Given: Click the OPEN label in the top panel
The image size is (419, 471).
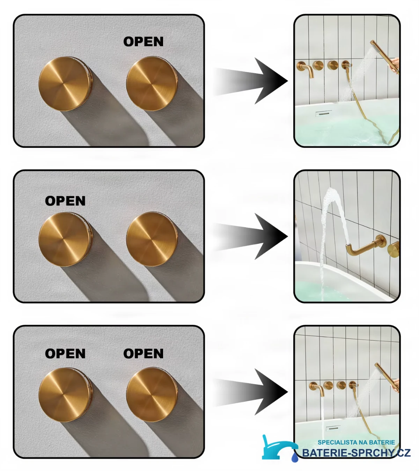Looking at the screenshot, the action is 143,42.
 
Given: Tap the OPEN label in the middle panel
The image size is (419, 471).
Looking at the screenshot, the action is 65,201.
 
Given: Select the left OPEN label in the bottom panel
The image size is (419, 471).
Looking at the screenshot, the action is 65,354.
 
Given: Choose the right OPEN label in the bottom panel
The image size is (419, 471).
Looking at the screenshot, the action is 143,354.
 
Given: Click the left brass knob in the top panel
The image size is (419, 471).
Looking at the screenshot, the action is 65,84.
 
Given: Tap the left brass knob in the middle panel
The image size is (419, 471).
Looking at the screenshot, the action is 65,239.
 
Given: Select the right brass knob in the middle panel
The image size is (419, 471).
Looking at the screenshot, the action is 152,239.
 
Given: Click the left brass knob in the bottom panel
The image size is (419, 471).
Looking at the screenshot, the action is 65,395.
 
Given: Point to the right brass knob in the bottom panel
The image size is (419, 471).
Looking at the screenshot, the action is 152,394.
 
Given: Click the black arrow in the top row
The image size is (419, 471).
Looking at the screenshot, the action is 251,81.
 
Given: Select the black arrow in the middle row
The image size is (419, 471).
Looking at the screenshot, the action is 251,236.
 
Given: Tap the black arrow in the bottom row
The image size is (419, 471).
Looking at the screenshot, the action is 251,392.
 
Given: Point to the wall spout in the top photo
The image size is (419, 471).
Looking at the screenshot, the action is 305,69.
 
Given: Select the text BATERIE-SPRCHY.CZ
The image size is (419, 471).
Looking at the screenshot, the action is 356,453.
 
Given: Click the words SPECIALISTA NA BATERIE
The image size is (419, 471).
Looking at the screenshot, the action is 356,442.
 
